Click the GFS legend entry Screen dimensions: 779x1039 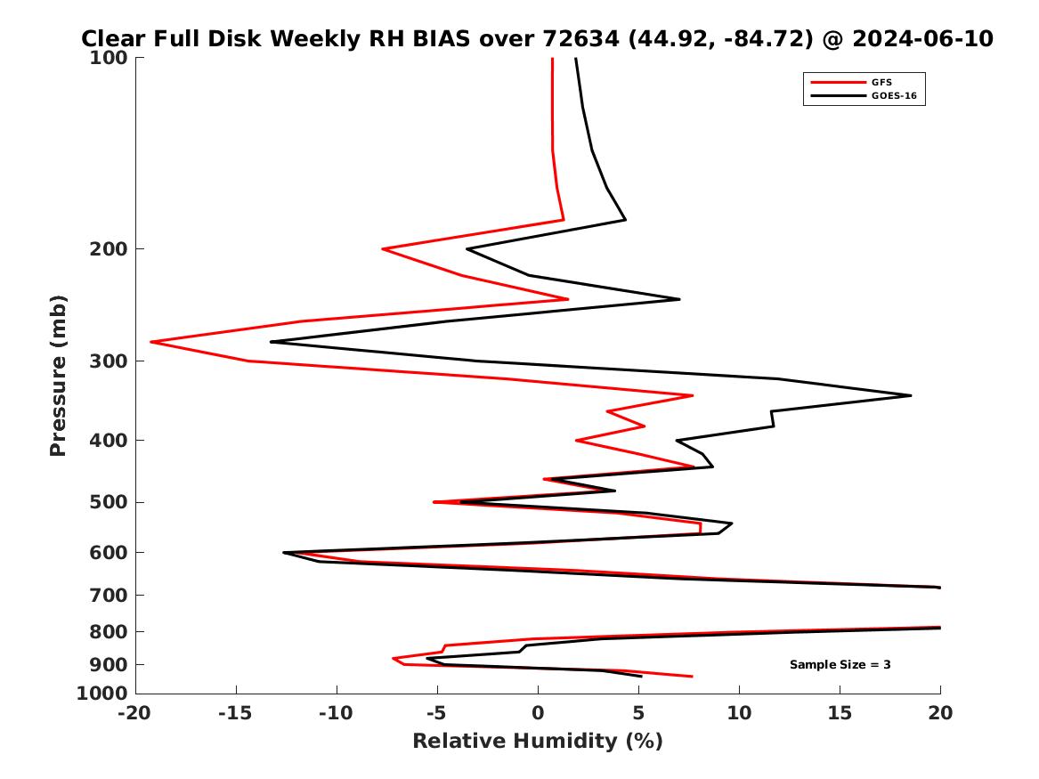pyautogui.click(x=881, y=83)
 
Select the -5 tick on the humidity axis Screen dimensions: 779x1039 pyautogui.click(x=437, y=713)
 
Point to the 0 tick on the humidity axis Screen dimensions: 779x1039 pyautogui.click(x=538, y=713)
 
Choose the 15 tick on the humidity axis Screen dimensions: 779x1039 pyautogui.click(x=840, y=713)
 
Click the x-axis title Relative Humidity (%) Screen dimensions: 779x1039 pyautogui.click(x=538, y=742)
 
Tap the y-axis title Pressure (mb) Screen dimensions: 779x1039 pyautogui.click(x=59, y=375)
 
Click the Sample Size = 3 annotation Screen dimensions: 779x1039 pyautogui.click(x=840, y=665)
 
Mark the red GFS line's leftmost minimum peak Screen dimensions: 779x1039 pyautogui.click(x=151, y=342)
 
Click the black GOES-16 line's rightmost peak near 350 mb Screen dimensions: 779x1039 pyautogui.click(x=911, y=395)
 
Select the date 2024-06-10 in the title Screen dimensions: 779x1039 pyautogui.click(x=922, y=39)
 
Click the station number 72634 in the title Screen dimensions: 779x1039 pyautogui.click(x=579, y=39)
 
